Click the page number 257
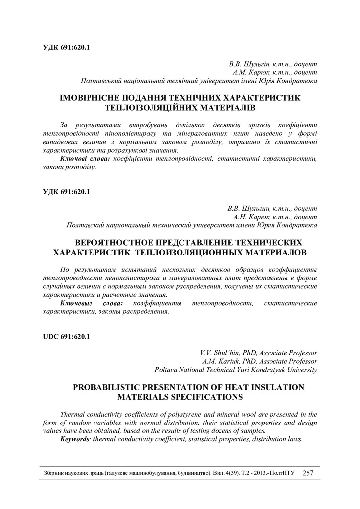[x=307, y=473]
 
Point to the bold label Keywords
[x=76, y=440]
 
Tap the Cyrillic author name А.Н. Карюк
[x=251, y=217]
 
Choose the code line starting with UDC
[x=64, y=337]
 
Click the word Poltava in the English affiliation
[x=167, y=370]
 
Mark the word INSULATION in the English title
[x=267, y=387]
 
